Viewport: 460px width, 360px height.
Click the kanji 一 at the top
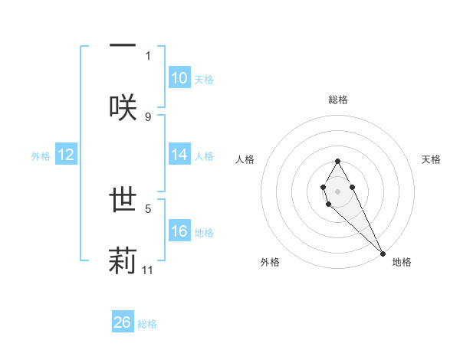pyautogui.click(x=123, y=44)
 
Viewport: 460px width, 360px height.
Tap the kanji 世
pyautogui.click(x=123, y=200)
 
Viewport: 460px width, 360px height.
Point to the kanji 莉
pyautogui.click(x=123, y=260)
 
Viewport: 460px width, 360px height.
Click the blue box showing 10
pyautogui.click(x=179, y=78)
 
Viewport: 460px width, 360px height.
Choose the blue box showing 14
pyautogui.click(x=179, y=155)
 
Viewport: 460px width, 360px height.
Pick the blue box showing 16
pyautogui.click(x=179, y=231)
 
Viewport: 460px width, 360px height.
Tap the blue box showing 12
pyautogui.click(x=66, y=155)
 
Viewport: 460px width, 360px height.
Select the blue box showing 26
pyautogui.click(x=123, y=322)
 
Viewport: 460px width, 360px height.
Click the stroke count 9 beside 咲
pyautogui.click(x=148, y=116)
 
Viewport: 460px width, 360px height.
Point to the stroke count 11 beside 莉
pyautogui.click(x=148, y=270)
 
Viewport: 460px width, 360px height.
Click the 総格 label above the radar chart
pyautogui.click(x=338, y=100)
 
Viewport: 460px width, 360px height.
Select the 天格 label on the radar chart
pyautogui.click(x=432, y=159)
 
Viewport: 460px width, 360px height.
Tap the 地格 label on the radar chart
pyautogui.click(x=402, y=263)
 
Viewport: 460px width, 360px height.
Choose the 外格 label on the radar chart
pyautogui.click(x=270, y=263)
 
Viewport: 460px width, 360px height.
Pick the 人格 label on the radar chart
pyautogui.click(x=245, y=159)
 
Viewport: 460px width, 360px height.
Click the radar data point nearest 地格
pyautogui.click(x=383, y=253)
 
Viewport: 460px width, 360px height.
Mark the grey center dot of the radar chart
pyautogui.click(x=337, y=190)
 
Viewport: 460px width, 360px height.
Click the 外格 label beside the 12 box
pyautogui.click(x=41, y=155)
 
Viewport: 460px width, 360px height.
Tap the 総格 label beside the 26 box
pyautogui.click(x=147, y=324)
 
